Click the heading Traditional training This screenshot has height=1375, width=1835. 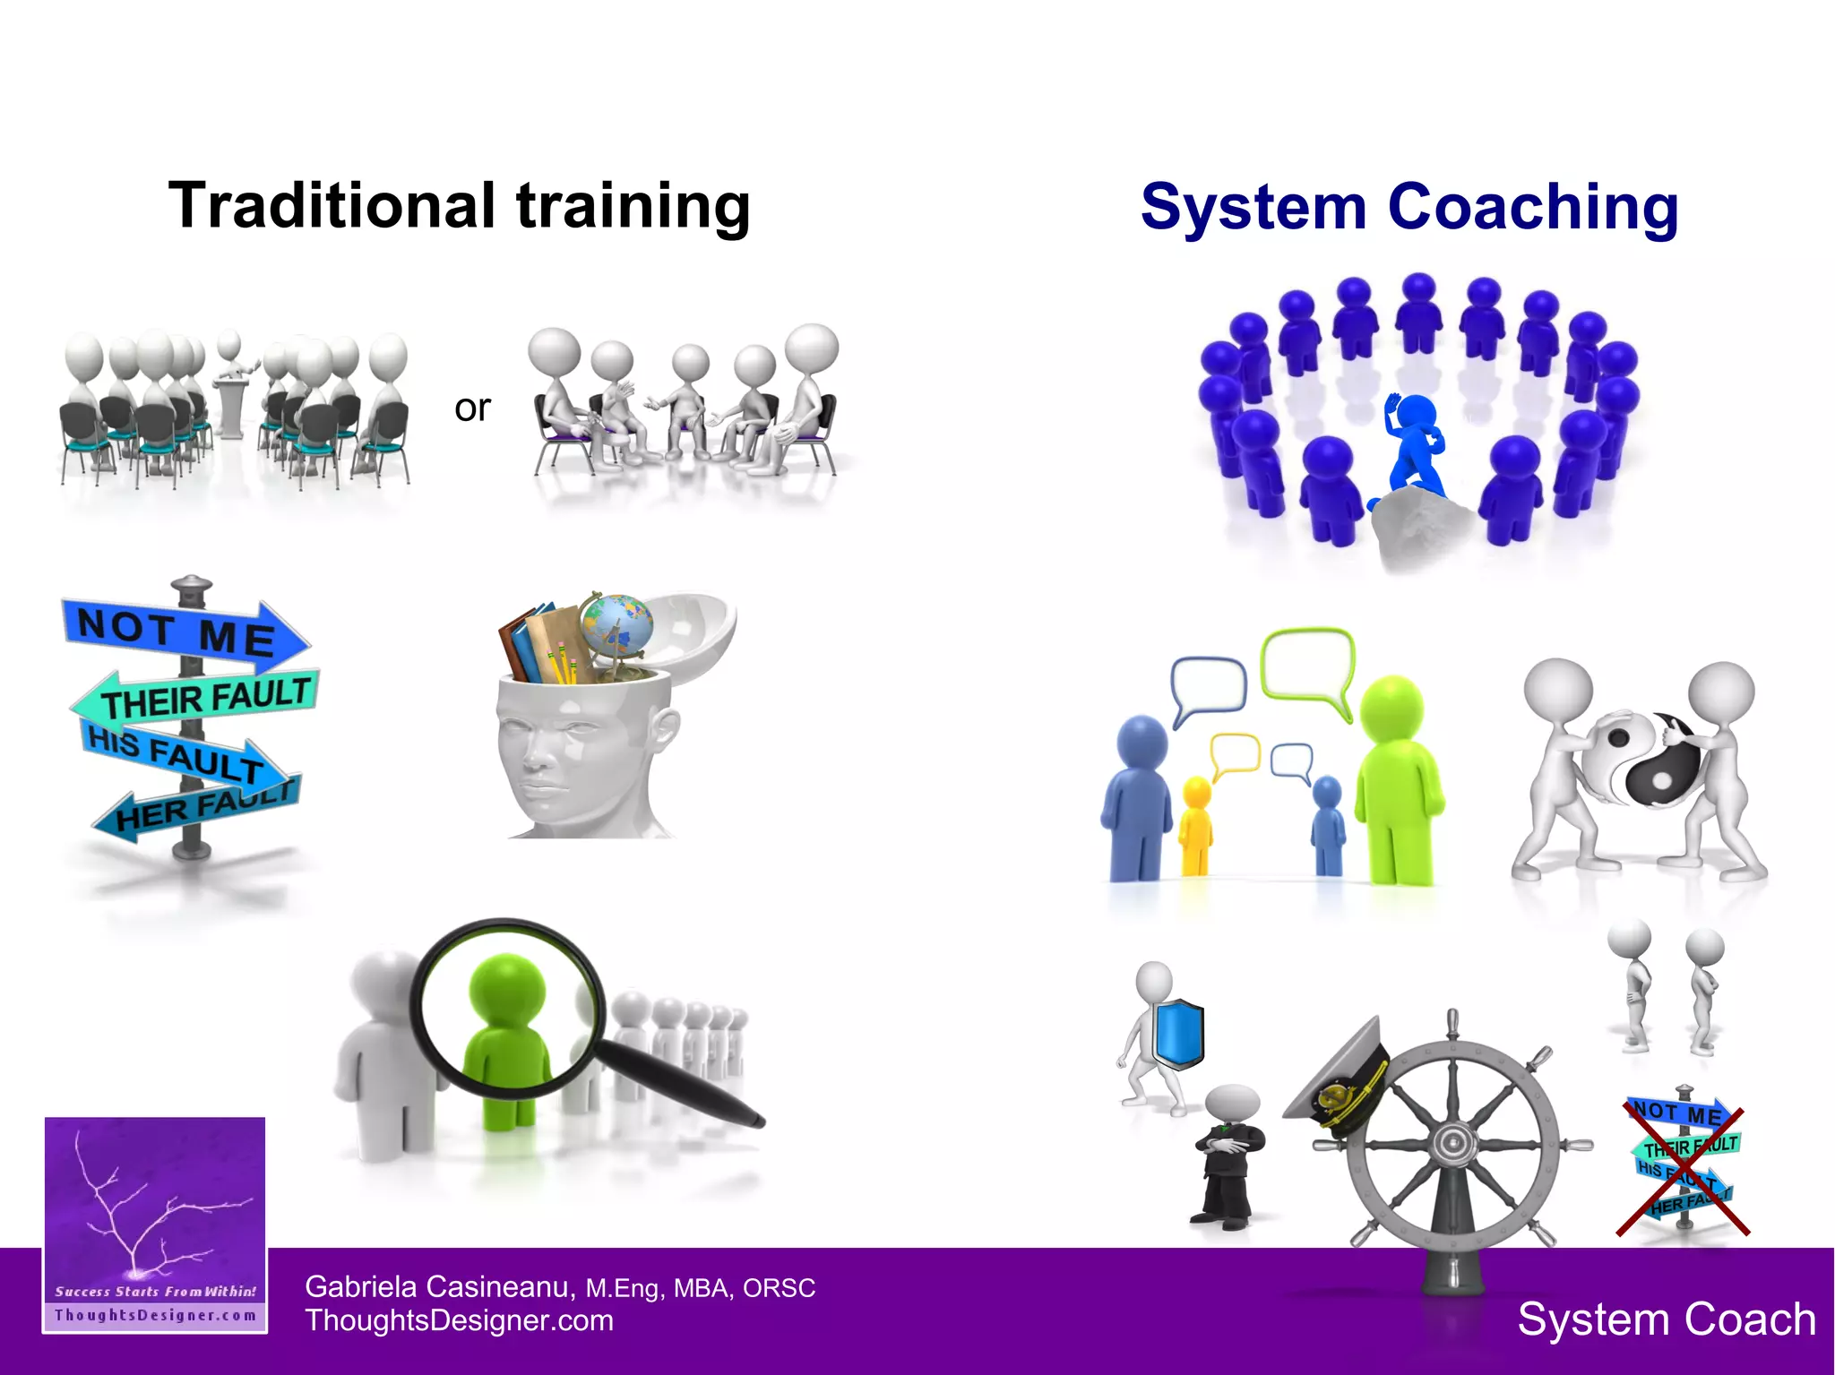click(459, 206)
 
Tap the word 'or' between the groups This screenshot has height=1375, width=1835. click(472, 408)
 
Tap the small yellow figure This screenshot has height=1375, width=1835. click(1196, 824)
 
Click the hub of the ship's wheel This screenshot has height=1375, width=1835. click(1450, 1143)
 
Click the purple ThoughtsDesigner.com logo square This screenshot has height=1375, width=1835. click(155, 1224)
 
